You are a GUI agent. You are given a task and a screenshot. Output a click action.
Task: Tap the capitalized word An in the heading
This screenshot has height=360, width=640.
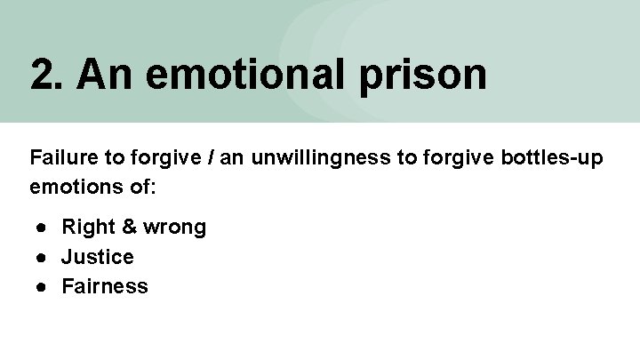102,75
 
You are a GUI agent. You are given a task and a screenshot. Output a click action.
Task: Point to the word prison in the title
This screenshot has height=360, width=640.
423,76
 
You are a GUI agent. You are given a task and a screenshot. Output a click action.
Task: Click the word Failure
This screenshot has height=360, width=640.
60,159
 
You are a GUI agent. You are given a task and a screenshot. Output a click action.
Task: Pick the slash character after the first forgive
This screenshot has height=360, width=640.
211,159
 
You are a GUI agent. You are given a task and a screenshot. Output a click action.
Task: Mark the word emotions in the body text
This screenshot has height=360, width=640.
69,188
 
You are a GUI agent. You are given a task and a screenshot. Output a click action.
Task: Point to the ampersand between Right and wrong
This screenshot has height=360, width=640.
129,228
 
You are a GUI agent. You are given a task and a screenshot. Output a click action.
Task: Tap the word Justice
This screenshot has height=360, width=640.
98,257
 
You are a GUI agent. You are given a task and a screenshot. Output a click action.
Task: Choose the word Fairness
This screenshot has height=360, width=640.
105,286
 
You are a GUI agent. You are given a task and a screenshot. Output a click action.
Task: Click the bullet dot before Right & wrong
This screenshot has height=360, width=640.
41,228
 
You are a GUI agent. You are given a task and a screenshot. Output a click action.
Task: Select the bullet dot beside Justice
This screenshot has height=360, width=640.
41,257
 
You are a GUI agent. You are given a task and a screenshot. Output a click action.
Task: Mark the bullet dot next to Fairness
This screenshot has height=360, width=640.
41,286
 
